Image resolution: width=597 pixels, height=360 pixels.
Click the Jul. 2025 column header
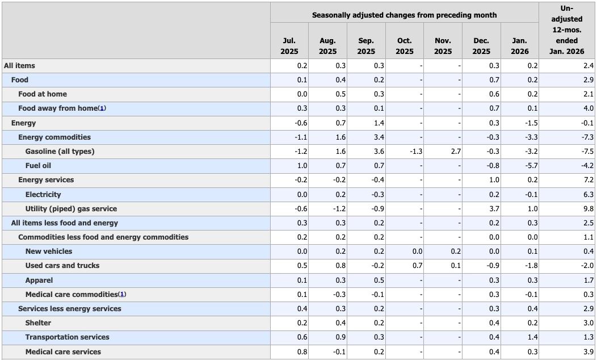coord(289,46)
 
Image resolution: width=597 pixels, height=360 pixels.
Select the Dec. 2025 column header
coord(481,46)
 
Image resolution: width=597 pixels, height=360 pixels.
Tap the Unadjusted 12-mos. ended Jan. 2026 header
coord(566,30)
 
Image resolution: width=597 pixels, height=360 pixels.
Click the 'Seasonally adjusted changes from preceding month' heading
coord(404,15)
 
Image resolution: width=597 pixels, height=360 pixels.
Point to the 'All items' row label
coord(19,66)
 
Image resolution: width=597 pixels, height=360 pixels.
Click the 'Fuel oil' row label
coord(39,166)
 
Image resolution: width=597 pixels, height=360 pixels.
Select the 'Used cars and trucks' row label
coord(62,266)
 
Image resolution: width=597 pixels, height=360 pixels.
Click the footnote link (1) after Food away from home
coord(102,108)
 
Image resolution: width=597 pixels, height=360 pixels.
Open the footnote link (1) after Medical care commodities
coord(122,294)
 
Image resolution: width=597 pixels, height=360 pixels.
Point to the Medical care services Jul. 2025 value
coord(302,352)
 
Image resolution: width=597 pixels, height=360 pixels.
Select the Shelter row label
coord(38,323)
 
